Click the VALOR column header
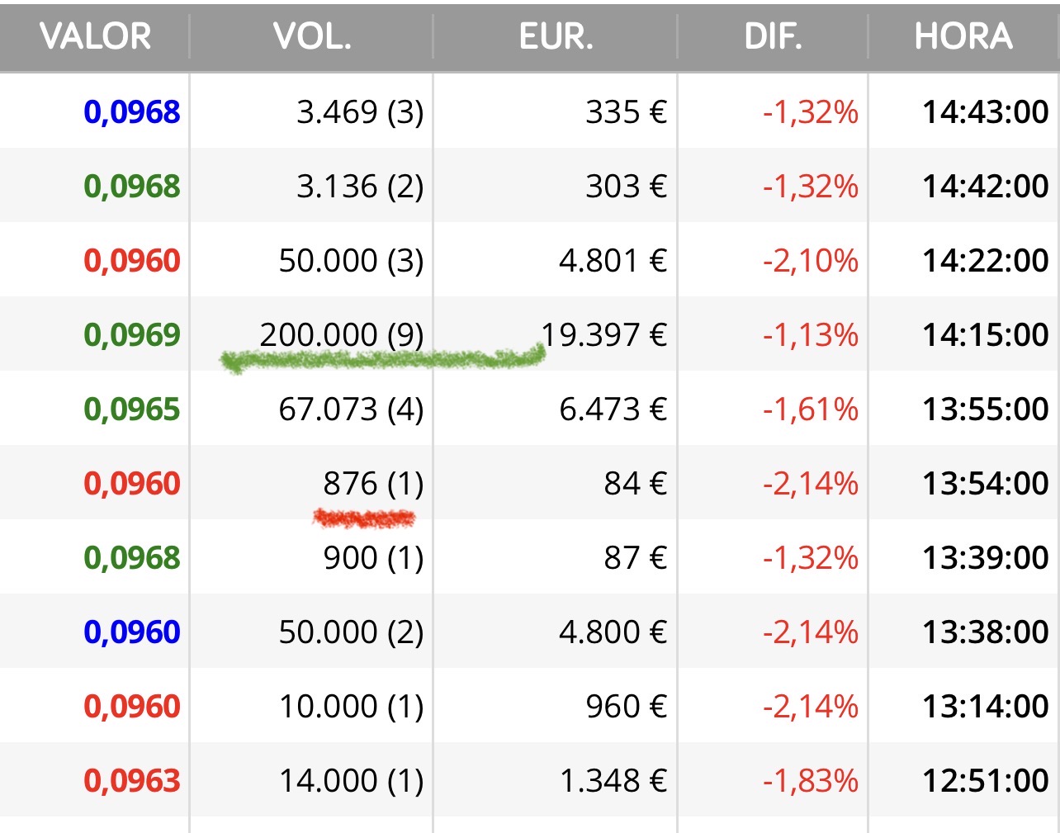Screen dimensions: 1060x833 tap(95, 36)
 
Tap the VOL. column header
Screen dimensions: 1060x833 tap(312, 36)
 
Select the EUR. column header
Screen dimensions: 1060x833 tap(556, 36)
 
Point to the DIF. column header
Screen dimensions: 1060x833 tap(774, 36)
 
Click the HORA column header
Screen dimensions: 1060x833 tap(963, 36)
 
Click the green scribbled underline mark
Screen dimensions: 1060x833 tap(383, 360)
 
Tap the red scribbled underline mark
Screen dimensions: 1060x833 tap(364, 518)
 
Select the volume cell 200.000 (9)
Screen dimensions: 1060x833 tap(342, 334)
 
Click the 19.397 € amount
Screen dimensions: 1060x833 tap(604, 334)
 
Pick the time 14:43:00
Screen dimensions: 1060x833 tap(986, 111)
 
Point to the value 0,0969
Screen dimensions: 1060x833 tap(132, 334)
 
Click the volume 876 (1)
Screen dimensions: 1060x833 tap(373, 483)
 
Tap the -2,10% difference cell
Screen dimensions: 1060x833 tap(811, 260)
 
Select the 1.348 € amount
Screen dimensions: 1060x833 tap(613, 780)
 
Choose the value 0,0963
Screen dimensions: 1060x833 tap(132, 780)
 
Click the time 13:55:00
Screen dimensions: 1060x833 tap(986, 409)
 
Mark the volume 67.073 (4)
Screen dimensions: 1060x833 tap(351, 409)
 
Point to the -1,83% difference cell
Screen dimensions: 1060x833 tap(811, 780)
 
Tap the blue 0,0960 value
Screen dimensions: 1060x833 tap(132, 632)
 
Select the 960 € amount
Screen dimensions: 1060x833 tap(627, 706)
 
